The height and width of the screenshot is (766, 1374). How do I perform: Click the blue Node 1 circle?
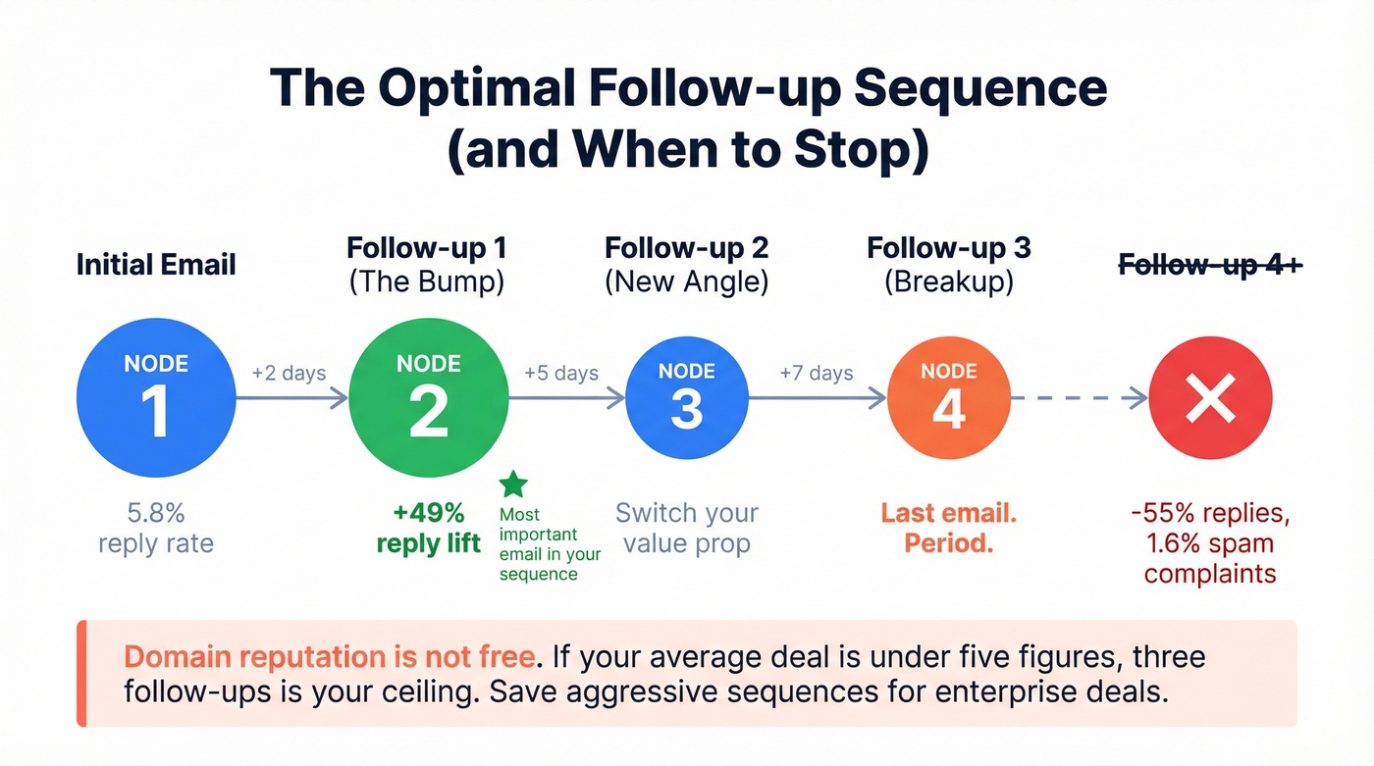click(156, 399)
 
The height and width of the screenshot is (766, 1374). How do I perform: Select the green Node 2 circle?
click(428, 399)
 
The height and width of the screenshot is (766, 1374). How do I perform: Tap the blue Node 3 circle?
click(686, 399)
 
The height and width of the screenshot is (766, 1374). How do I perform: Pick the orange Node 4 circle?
click(948, 399)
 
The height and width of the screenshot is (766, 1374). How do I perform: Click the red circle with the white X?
click(1210, 399)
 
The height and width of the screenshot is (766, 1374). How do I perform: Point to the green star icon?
click(513, 484)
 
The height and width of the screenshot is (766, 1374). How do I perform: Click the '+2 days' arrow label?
click(289, 374)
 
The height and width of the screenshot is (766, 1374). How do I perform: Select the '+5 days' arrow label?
click(561, 374)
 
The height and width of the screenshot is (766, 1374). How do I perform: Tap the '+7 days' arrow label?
click(817, 374)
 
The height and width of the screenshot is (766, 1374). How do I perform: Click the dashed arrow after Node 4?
click(1080, 398)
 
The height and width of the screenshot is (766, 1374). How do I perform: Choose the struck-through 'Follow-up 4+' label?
click(1210, 264)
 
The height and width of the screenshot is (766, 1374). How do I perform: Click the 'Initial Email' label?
click(156, 264)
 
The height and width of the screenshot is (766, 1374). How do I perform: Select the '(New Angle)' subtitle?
click(686, 282)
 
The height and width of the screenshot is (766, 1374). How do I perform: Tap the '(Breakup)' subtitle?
click(948, 282)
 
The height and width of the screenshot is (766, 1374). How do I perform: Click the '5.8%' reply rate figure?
click(156, 513)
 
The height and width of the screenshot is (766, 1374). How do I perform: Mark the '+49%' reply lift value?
click(429, 513)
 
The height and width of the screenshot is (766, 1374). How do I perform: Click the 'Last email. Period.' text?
click(948, 528)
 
